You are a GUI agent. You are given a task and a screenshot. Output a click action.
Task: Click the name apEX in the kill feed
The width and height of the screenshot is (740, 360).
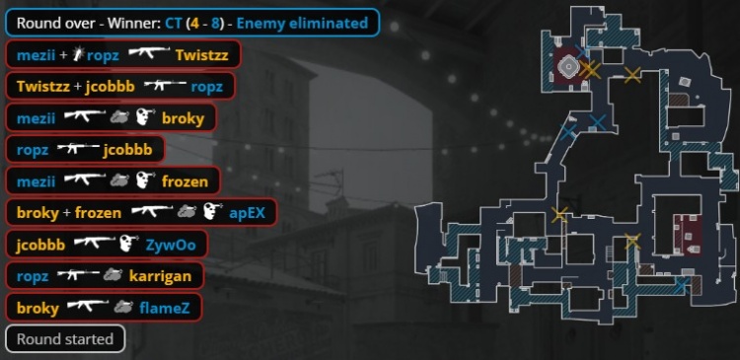click(248, 212)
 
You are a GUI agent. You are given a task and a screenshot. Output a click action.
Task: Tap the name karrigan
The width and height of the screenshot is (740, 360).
click(160, 276)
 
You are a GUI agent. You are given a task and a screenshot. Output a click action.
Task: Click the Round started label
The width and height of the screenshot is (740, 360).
click(64, 339)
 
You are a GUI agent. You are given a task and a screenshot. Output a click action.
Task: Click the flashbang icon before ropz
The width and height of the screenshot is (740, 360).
click(77, 54)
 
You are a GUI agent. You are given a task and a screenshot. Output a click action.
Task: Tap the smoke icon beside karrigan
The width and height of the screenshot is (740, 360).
click(111, 276)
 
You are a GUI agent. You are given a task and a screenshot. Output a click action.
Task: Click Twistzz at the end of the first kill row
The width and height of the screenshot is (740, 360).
click(200, 54)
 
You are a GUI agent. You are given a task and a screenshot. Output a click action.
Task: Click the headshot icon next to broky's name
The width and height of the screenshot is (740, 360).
click(143, 117)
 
